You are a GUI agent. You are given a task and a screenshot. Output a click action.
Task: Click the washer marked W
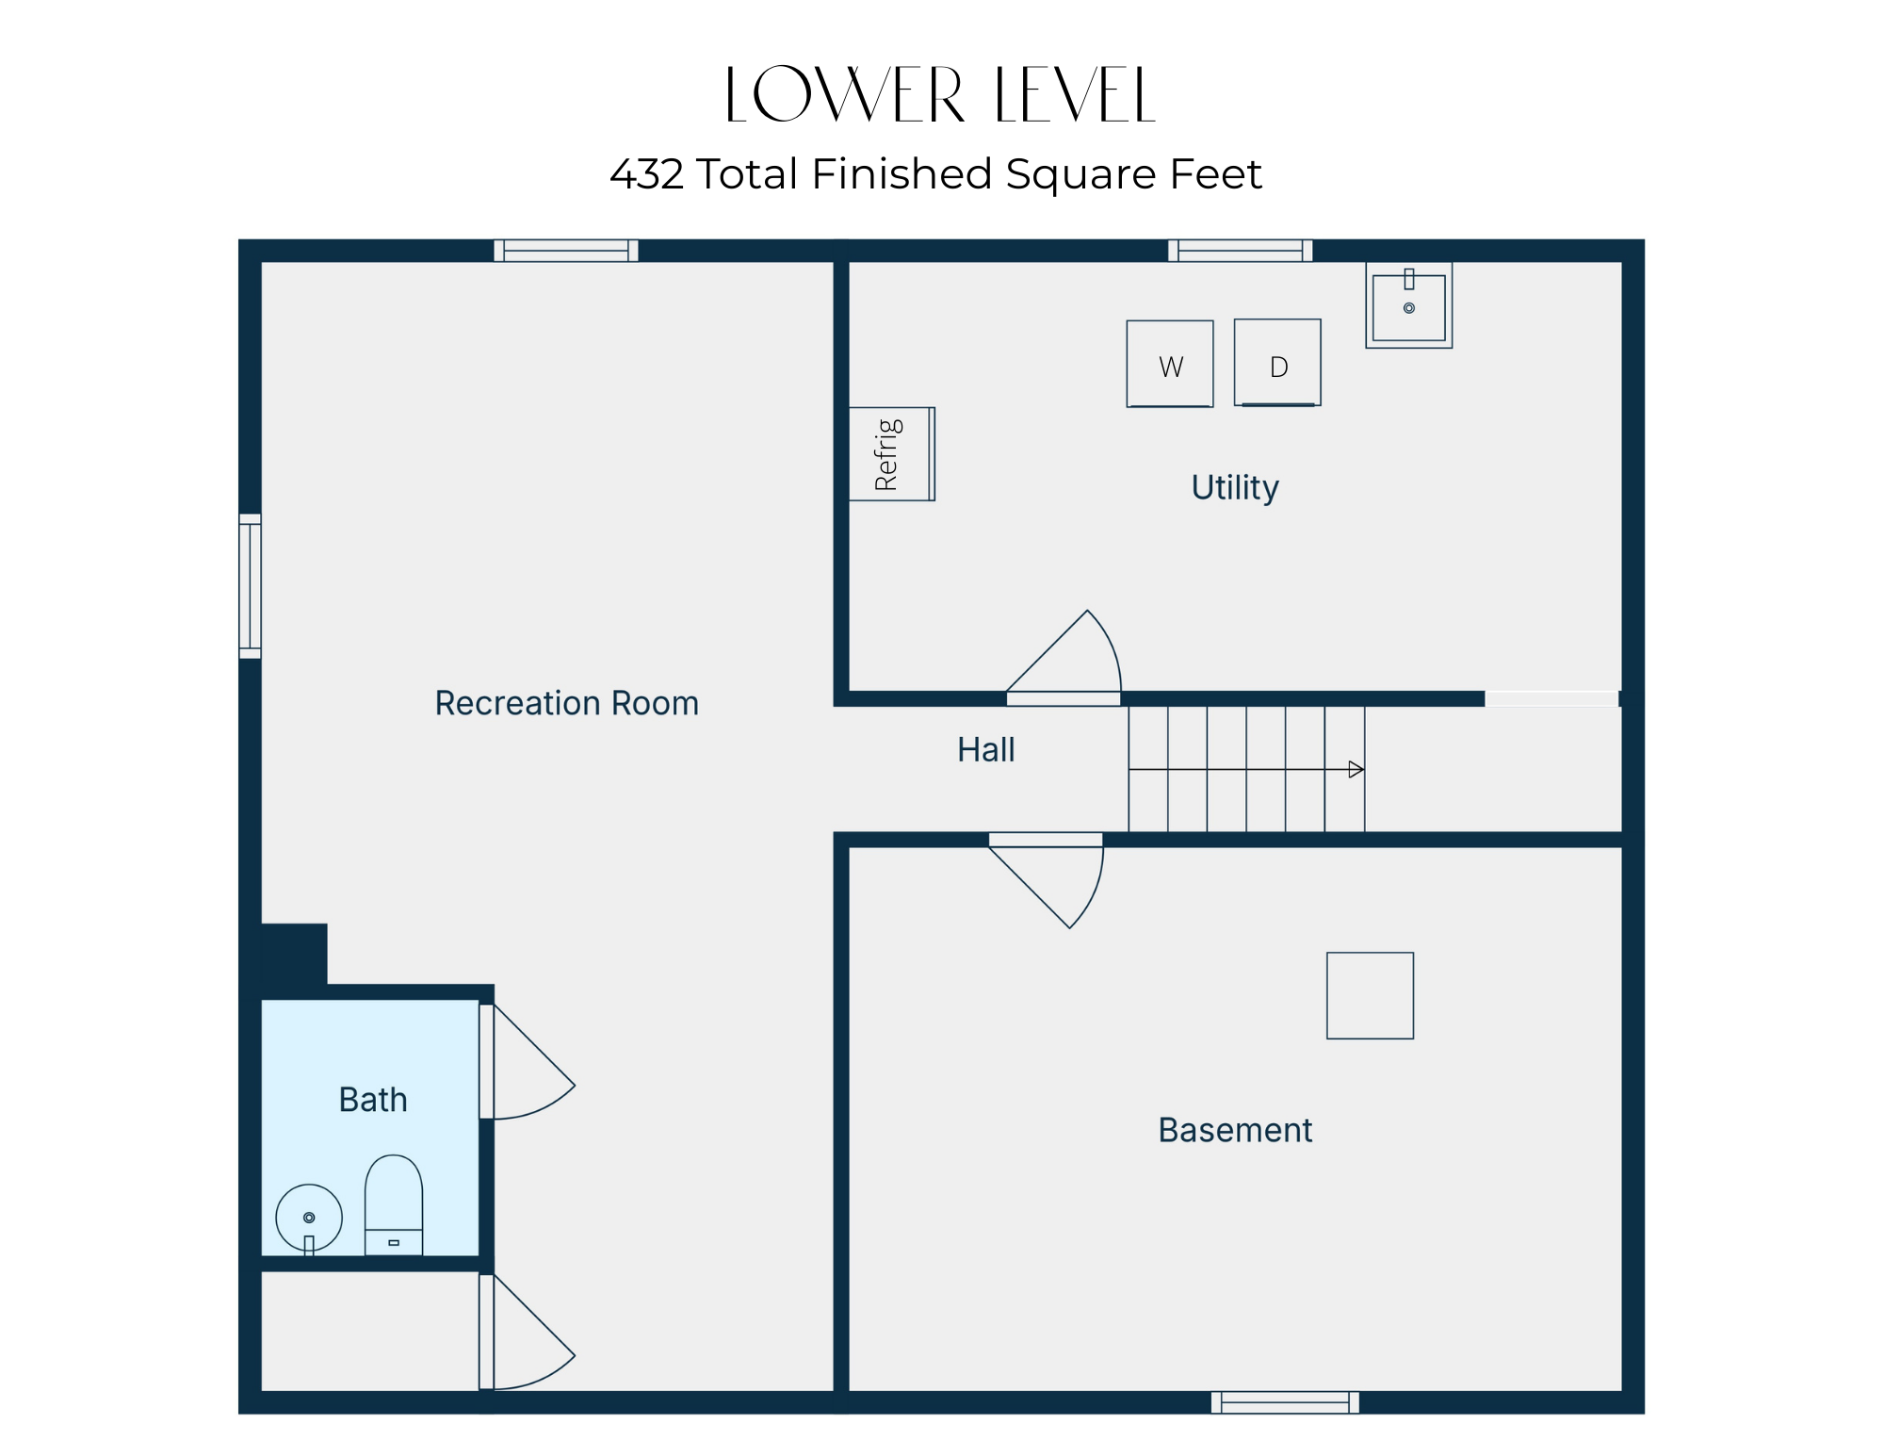click(x=1170, y=364)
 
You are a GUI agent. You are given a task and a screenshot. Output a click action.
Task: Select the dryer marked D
click(x=1277, y=363)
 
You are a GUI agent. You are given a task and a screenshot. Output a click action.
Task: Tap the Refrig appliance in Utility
click(x=891, y=454)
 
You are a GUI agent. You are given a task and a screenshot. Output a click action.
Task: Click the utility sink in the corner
click(x=1409, y=305)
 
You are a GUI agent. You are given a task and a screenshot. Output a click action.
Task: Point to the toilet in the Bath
click(x=394, y=1205)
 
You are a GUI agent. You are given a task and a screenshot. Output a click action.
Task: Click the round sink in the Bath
click(x=309, y=1219)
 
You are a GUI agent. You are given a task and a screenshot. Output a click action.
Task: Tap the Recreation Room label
click(x=567, y=703)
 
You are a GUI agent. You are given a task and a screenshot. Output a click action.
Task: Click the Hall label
click(x=986, y=750)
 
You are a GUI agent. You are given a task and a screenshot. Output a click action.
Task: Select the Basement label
click(x=1235, y=1130)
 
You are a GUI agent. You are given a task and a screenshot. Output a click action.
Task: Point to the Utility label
click(x=1235, y=488)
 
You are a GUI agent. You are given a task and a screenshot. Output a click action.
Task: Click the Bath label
click(x=373, y=1100)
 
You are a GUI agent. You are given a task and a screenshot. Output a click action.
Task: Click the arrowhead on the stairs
click(x=1356, y=770)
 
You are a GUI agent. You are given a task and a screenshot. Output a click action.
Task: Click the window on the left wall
click(x=250, y=586)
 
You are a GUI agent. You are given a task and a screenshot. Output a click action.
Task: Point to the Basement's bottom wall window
click(x=1285, y=1402)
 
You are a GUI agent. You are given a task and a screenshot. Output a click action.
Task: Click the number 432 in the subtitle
click(x=646, y=174)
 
